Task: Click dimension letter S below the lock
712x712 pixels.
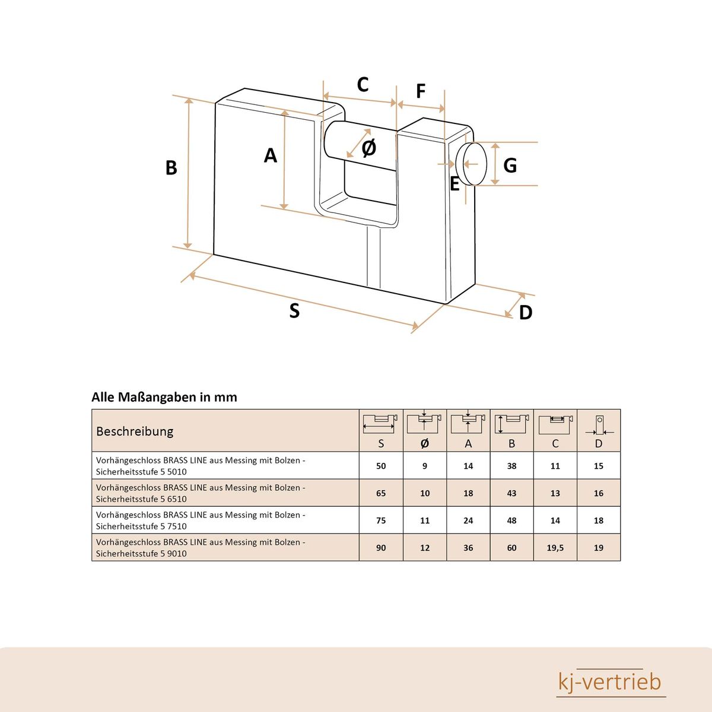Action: pos(294,310)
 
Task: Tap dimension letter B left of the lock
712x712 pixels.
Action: pos(171,168)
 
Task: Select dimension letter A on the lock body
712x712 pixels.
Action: pos(271,155)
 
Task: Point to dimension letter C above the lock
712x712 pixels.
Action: pos(363,85)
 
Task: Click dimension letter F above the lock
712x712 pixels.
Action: pos(421,91)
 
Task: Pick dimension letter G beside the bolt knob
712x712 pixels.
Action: pos(510,166)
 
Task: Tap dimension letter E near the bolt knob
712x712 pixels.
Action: pos(454,185)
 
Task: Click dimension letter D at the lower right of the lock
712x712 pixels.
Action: pos(525,313)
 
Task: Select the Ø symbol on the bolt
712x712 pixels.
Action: pos(368,148)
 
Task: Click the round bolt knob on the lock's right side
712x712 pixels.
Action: pos(474,164)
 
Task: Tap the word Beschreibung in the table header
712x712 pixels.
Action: pos(135,431)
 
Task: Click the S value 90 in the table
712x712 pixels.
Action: pos(381,548)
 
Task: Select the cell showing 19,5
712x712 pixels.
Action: pos(555,548)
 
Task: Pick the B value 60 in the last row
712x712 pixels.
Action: pos(511,548)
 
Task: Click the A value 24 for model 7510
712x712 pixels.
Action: pos(468,520)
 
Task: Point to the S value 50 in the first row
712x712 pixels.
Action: pos(381,466)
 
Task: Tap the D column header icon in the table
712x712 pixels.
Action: pos(599,424)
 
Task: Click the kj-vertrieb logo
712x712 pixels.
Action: pos(610,682)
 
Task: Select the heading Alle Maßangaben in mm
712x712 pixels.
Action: pos(164,398)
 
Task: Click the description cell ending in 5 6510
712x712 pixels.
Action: pos(201,493)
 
